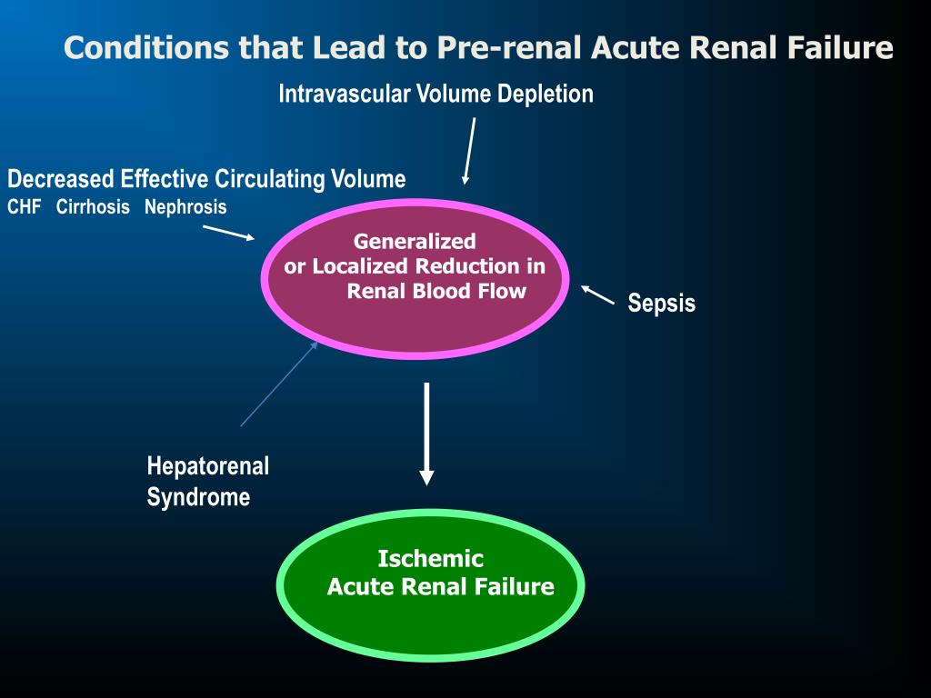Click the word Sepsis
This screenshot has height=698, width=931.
[661, 304]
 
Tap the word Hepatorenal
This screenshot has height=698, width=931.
[208, 467]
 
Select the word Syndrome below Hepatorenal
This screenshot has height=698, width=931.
[198, 498]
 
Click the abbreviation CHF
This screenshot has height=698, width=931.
[25, 207]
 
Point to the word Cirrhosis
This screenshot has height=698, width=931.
[93, 207]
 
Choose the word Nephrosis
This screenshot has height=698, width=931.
[185, 207]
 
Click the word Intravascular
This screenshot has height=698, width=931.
[345, 94]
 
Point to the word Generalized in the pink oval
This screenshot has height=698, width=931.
[415, 242]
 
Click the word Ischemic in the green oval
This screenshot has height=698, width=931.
[430, 559]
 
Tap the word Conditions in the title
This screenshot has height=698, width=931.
[147, 48]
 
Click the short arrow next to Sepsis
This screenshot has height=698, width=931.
[597, 295]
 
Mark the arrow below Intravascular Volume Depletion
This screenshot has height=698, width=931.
[469, 151]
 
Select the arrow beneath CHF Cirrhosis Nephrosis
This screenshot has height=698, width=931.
[229, 233]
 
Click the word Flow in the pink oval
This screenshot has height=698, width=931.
[502, 292]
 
